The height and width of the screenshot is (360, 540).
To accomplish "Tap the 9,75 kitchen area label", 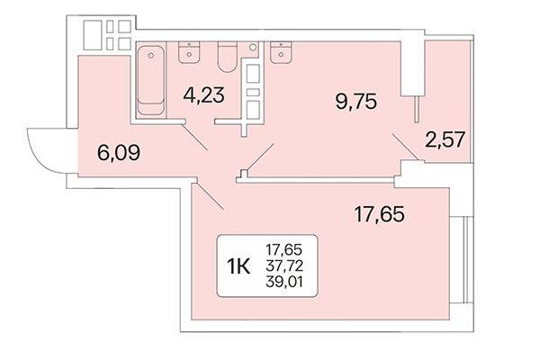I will (x=355, y=100).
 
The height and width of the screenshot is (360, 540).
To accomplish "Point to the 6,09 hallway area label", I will (x=117, y=152).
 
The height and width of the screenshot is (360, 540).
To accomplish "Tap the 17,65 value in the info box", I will (x=284, y=249).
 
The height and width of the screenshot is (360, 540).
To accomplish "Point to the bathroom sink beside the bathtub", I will (x=190, y=51).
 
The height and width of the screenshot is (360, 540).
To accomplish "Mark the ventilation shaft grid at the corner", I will (x=106, y=35).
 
